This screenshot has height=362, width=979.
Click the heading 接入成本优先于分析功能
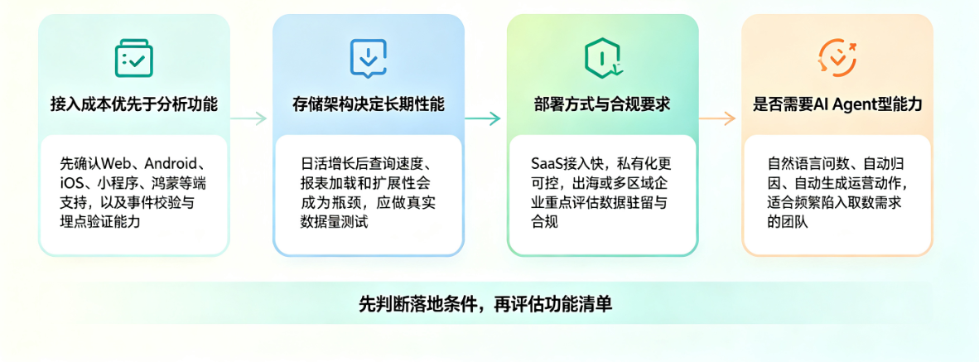pyautogui.click(x=134, y=104)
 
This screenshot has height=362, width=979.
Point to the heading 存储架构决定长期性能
pyautogui.click(x=369, y=104)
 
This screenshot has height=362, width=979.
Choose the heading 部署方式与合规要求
pyautogui.click(x=602, y=104)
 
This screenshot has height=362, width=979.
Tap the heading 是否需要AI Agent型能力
pyautogui.click(x=837, y=104)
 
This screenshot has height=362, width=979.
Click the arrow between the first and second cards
pyautogui.click(x=249, y=118)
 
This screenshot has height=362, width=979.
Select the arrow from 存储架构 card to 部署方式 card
pyautogui.click(x=483, y=118)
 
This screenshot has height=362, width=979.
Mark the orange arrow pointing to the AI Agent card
pyautogui.click(x=717, y=118)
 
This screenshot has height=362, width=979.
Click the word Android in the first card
pyautogui.click(x=170, y=164)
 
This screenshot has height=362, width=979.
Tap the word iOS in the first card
pyautogui.click(x=69, y=184)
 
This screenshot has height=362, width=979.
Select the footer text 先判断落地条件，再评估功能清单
pyautogui.click(x=485, y=304)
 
